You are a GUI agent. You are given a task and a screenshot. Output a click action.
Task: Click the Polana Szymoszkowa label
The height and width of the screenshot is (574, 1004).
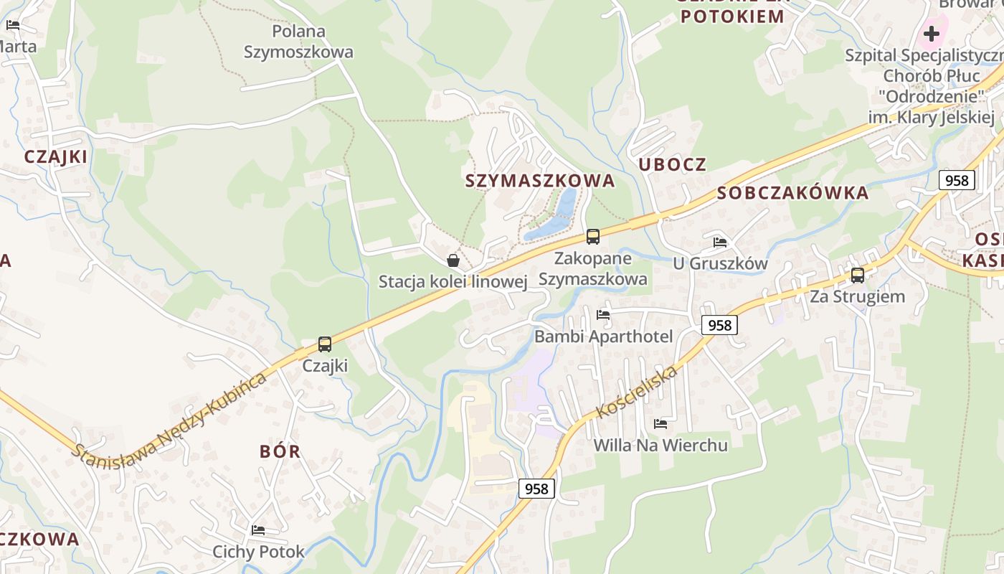point(298,42)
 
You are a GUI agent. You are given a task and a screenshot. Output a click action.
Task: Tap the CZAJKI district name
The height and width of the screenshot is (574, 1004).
point(55,156)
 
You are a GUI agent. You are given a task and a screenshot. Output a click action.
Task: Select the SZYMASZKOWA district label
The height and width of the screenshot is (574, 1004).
point(540,181)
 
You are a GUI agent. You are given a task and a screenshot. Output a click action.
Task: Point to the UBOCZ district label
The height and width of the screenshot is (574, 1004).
point(672,164)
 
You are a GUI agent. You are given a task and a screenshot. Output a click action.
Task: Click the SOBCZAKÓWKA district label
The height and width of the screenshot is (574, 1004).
point(792,193)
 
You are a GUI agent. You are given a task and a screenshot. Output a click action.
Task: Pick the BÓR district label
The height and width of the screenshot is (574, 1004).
point(280,452)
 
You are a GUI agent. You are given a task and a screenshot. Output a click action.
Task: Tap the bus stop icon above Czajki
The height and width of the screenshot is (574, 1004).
point(325,344)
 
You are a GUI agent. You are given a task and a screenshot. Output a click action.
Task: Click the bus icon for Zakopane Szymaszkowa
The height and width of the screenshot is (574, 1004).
point(593,237)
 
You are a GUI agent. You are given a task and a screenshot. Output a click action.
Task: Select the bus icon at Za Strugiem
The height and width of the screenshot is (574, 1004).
point(857,275)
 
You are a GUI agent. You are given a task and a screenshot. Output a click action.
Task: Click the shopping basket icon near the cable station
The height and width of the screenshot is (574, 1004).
point(453,260)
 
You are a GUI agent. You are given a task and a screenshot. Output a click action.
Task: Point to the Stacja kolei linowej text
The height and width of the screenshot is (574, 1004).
point(453,282)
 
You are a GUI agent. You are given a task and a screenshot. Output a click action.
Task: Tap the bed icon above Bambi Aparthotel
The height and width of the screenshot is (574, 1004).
point(603,314)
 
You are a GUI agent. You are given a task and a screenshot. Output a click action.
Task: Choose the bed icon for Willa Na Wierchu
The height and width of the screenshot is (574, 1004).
point(660,424)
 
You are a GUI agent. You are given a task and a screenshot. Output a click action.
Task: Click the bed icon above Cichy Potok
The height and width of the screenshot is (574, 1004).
point(258,530)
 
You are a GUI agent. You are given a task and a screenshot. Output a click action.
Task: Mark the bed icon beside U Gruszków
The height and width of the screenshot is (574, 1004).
point(720,243)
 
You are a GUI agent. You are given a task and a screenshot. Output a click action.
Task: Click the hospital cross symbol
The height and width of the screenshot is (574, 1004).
point(931,33)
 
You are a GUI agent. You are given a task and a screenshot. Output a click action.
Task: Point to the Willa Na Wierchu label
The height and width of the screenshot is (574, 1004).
point(660,446)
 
